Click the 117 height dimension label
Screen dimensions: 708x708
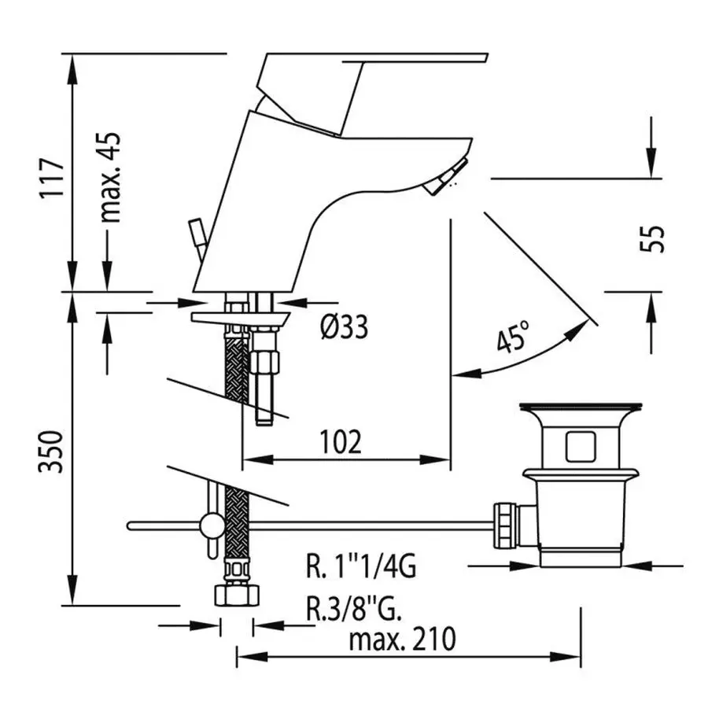coord(52,178)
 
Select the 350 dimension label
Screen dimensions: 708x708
coord(50,452)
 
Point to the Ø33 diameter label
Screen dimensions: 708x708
coord(344,326)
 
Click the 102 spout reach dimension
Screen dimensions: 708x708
coord(341,441)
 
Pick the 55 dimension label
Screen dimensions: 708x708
coord(652,238)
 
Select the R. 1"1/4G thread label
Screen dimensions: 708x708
coord(361,566)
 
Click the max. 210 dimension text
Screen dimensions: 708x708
coord(402,639)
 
